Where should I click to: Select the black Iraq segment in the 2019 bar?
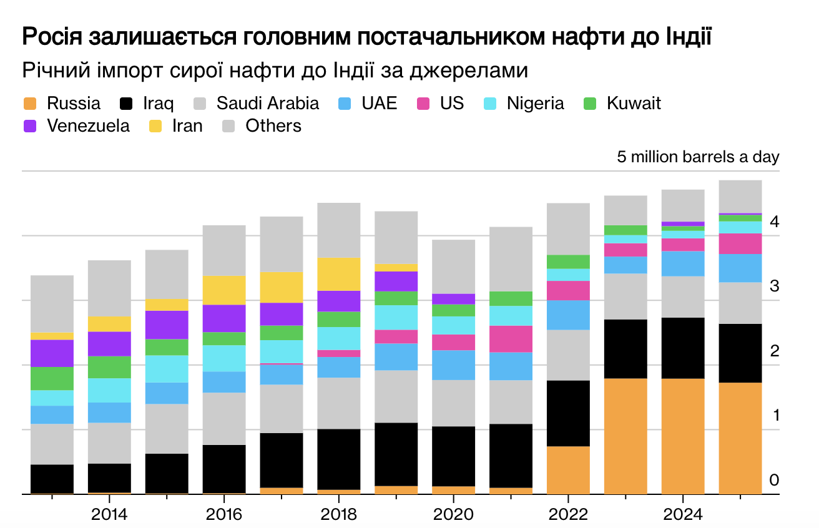396,454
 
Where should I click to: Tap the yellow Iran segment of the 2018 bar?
338,274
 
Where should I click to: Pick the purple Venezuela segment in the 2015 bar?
167,325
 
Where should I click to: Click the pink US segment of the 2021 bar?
511,339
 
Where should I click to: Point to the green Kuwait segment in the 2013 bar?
52,378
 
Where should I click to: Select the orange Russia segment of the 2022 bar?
568,469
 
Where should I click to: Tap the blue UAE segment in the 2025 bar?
740,268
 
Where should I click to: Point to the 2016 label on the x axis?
223,515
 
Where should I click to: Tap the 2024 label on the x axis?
683,515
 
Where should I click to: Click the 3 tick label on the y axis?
774,286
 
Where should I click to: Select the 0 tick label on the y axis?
774,479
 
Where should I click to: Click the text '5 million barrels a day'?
698,157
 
